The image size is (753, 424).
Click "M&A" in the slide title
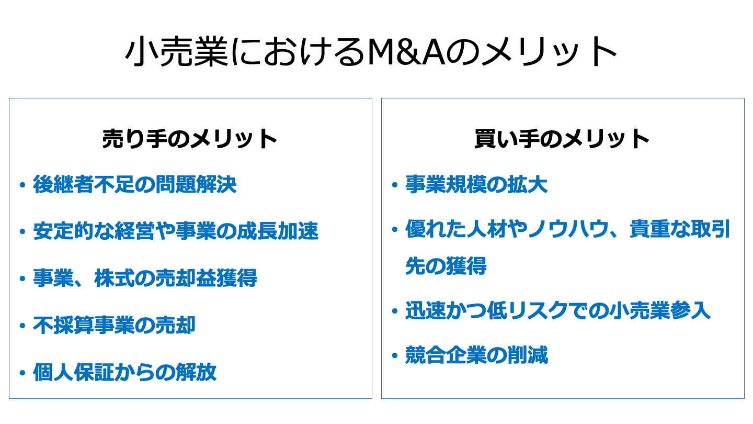tap(406, 52)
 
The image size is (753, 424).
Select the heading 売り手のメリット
tap(190, 139)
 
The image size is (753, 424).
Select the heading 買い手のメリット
tap(562, 139)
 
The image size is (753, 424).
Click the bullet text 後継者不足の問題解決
tap(135, 184)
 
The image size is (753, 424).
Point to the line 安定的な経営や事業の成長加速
tap(176, 231)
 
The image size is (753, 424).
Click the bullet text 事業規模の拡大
tap(476, 184)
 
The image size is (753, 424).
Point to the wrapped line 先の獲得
tap(446, 266)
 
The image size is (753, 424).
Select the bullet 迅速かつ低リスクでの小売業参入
tap(558, 311)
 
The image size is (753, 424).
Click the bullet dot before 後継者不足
tap(22, 185)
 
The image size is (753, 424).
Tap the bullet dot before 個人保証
tap(22, 373)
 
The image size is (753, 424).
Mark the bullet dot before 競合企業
tap(395, 356)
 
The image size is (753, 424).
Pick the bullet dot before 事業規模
tap(395, 185)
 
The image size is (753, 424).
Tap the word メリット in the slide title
tap(549, 52)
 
